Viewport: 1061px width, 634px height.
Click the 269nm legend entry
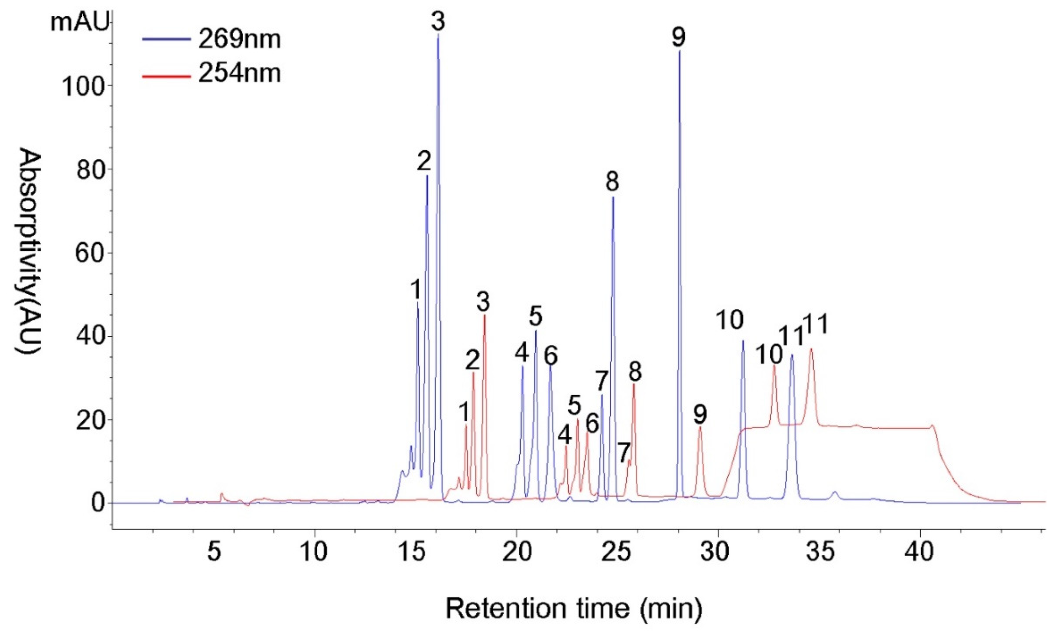(x=239, y=40)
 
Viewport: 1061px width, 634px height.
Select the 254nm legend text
(x=239, y=74)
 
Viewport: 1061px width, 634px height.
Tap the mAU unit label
(x=80, y=22)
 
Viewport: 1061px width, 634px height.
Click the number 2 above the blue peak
(x=424, y=162)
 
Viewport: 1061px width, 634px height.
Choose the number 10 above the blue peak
(x=730, y=320)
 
